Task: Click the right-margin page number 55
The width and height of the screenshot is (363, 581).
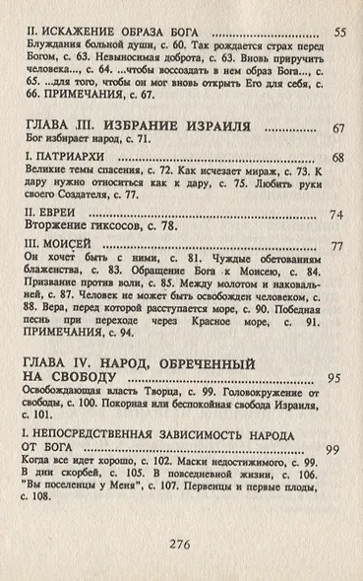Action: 339,33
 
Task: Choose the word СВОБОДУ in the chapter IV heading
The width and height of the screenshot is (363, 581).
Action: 85,380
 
